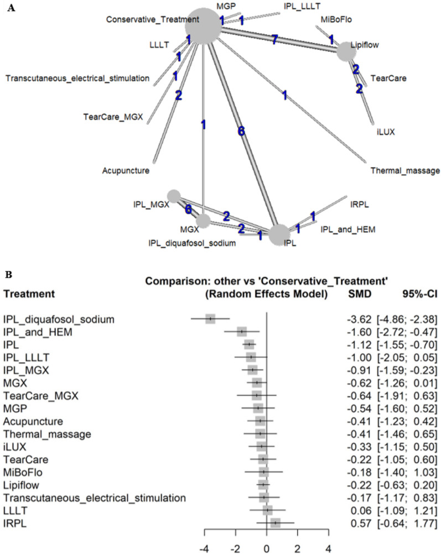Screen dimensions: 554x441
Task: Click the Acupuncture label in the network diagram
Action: (x=126, y=171)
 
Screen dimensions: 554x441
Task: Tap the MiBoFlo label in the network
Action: (x=336, y=20)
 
